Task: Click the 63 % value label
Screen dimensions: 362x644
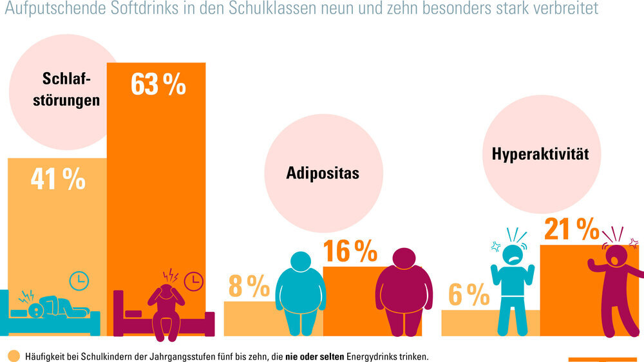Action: point(158,84)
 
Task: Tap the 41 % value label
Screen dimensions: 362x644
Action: point(58,180)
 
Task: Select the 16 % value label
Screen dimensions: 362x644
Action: point(350,252)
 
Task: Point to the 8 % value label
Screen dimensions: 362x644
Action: point(249,287)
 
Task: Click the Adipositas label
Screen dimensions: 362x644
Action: point(323,173)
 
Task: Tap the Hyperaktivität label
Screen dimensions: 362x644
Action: point(540,154)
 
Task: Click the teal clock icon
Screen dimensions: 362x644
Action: point(79,280)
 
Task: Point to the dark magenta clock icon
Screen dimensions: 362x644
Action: point(193,281)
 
